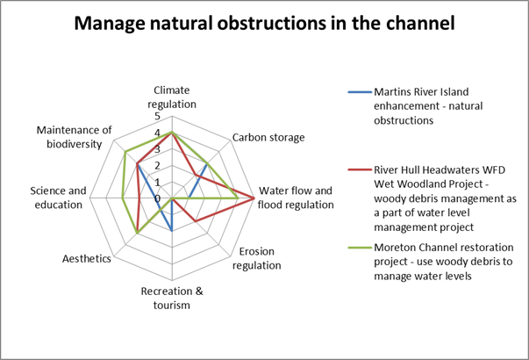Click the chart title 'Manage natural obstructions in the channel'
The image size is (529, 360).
(265, 24)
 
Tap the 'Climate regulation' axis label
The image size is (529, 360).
(172, 97)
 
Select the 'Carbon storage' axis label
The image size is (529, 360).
(268, 138)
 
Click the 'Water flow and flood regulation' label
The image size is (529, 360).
(296, 198)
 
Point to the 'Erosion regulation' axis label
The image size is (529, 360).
(257, 258)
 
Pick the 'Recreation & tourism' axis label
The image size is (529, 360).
(172, 299)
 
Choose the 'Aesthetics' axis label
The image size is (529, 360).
(87, 259)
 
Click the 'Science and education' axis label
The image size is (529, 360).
(59, 198)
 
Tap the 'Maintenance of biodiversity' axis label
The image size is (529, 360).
(75, 137)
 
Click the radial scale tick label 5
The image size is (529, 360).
(158, 117)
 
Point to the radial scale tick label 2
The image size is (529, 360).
(158, 166)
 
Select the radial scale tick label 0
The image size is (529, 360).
(158, 198)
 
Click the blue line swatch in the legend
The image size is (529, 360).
(360, 92)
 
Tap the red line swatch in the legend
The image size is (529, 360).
(360, 169)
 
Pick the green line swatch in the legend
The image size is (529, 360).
(360, 248)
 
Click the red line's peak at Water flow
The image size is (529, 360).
(254, 198)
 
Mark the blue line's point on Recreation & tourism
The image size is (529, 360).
(172, 231)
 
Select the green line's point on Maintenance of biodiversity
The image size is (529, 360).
(125, 152)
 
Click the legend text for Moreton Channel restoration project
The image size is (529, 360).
(444, 262)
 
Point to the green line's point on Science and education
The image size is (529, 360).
(123, 198)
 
